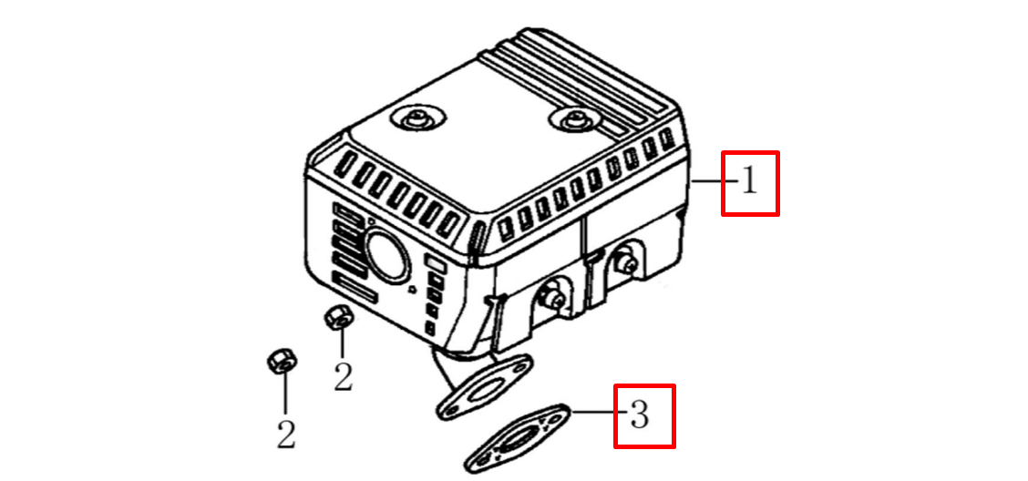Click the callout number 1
coord(749,182)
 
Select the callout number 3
coord(639,414)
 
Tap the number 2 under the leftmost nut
coord(286,435)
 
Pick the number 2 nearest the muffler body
coord(343,377)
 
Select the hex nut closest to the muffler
coord(338,318)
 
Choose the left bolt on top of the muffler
coord(417,120)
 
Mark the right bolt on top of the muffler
coord(574,120)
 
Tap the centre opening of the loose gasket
coord(519,438)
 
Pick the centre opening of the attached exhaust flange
coord(484,392)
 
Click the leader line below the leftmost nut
coord(284,397)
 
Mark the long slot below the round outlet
coord(355,288)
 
